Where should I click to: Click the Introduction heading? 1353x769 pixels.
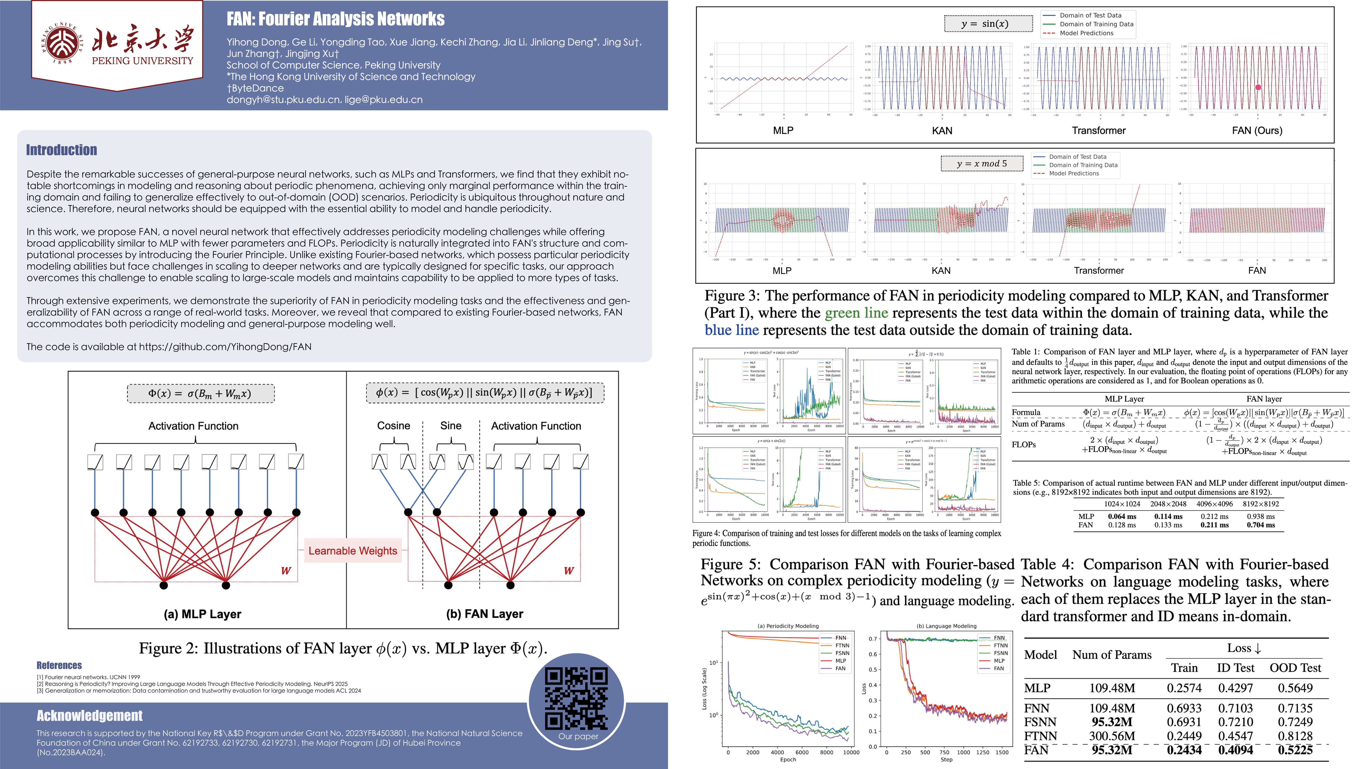coord(62,150)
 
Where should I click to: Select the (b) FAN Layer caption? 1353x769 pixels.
coord(485,614)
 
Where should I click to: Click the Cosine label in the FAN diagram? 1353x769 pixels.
coord(393,426)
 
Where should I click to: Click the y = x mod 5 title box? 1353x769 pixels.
coord(982,164)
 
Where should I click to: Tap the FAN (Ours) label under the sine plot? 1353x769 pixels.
coord(1257,131)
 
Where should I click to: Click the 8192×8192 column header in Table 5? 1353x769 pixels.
coord(1261,504)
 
